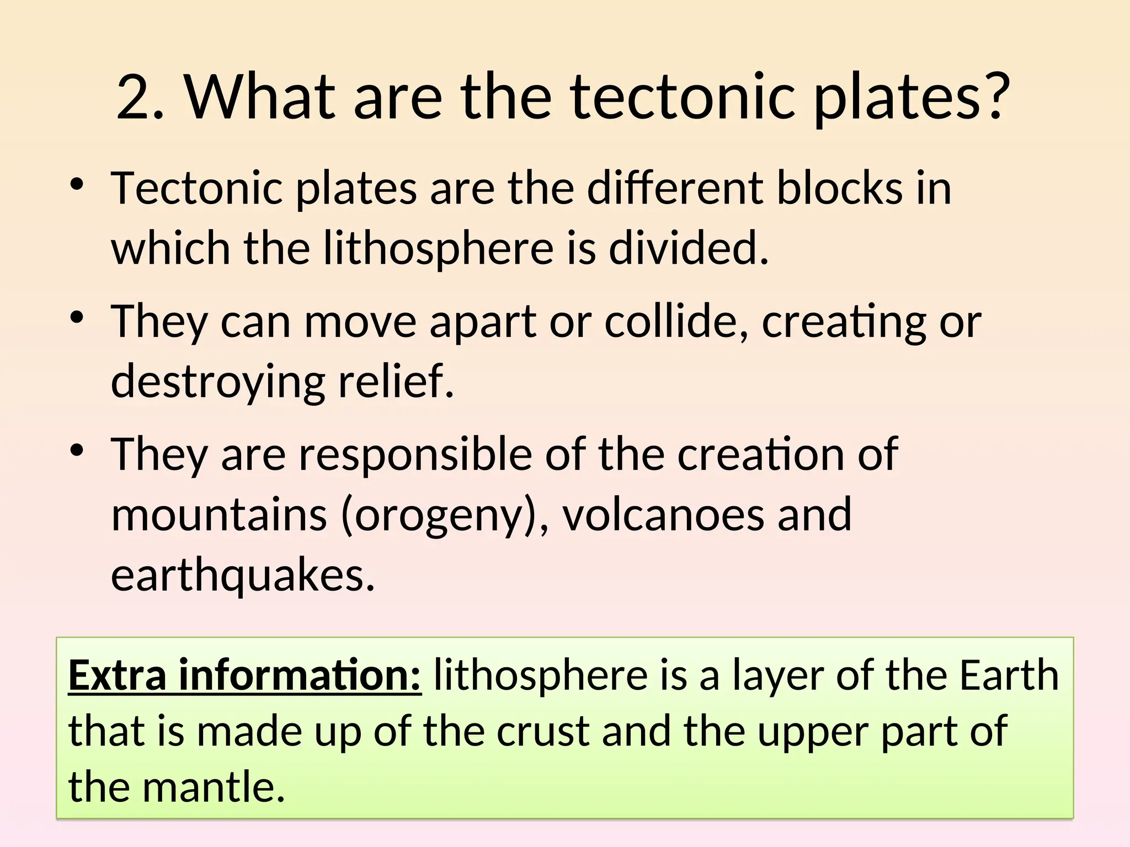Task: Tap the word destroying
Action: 218,382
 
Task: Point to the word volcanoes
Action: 662,514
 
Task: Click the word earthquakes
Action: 243,575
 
